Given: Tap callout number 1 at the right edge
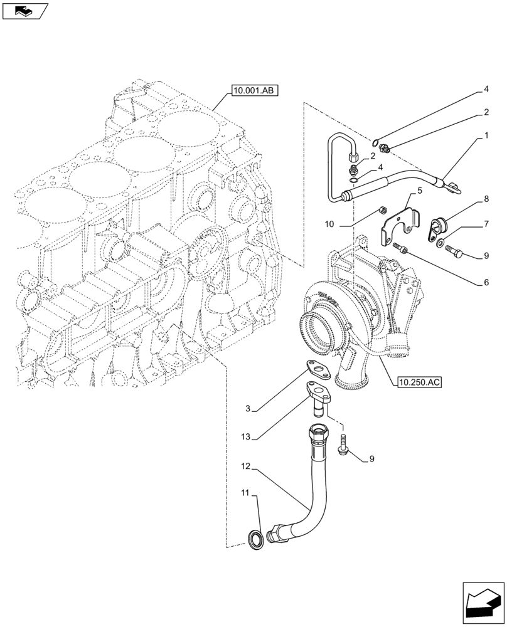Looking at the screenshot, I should tap(486, 135).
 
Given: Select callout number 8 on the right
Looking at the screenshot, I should tap(486, 199).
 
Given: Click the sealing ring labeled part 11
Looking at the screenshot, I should tap(256, 537).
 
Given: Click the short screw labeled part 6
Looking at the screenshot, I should tap(400, 250).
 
